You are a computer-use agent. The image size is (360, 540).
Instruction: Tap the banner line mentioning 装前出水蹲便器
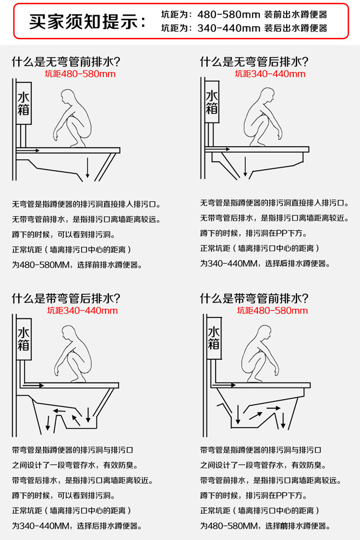click(244, 15)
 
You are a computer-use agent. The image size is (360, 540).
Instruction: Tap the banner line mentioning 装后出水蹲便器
click(244, 28)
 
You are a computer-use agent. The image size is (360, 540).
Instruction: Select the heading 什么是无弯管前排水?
click(66, 62)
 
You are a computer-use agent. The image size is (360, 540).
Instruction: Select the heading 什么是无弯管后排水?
click(254, 62)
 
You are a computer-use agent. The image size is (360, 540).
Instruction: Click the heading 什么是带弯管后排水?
click(66, 298)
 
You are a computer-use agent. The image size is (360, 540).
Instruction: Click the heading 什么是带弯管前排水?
click(254, 298)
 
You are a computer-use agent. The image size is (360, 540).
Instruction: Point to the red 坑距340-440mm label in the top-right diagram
click(270, 74)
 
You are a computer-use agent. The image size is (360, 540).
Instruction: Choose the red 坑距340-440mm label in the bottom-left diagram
click(82, 310)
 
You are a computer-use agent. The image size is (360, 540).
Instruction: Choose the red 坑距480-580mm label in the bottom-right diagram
click(272, 310)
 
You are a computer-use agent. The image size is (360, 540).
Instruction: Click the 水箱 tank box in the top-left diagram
click(24, 103)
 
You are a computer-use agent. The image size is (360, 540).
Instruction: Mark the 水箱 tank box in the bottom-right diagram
click(214, 338)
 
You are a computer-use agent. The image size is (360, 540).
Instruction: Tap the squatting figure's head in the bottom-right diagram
click(262, 332)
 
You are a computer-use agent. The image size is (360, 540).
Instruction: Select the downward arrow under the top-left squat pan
click(87, 168)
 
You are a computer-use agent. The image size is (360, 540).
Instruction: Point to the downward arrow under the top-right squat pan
click(245, 167)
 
